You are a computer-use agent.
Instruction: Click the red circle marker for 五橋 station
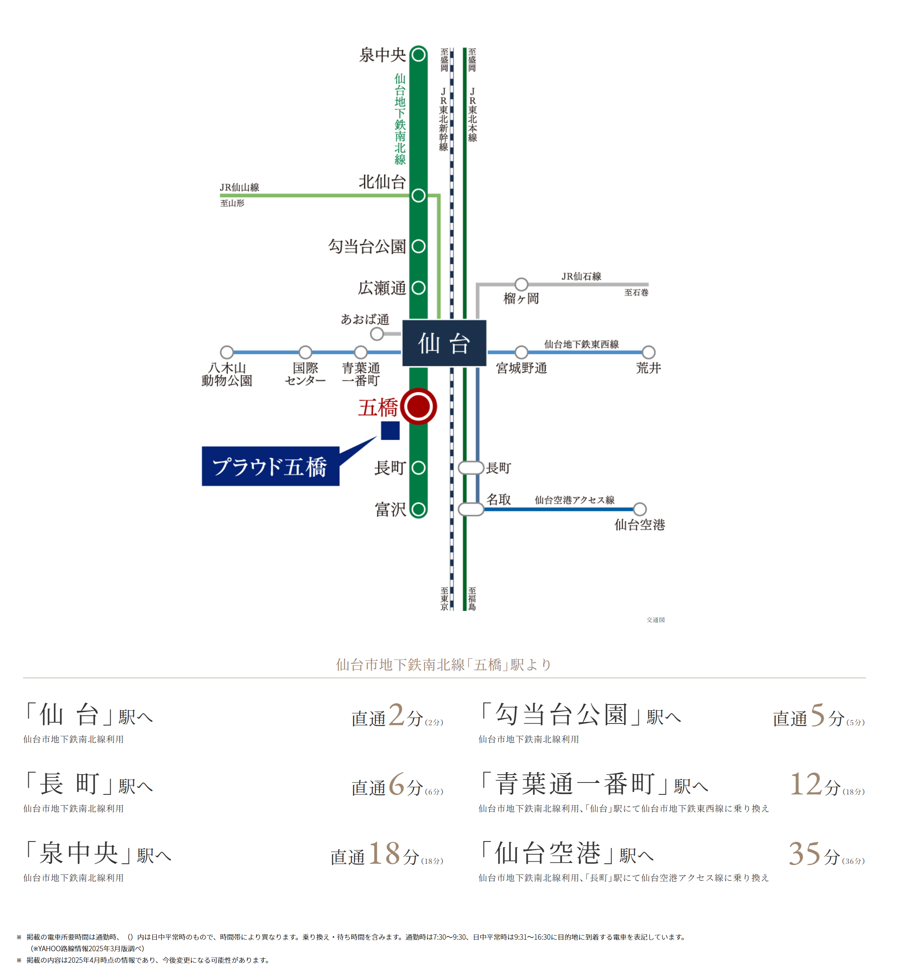[x=418, y=406]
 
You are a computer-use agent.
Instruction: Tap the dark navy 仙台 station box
[x=444, y=343]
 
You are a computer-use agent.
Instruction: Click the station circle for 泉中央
[x=418, y=54]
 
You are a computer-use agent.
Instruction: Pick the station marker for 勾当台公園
[x=418, y=246]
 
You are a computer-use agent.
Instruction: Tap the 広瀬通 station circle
[x=418, y=288]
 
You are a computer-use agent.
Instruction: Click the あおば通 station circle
[x=377, y=334]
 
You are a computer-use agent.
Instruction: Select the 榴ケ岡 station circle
[x=521, y=284]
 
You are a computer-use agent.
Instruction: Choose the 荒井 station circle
[x=648, y=352]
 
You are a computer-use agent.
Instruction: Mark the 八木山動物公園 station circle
[x=227, y=352]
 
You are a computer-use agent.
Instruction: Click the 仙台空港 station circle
[x=639, y=509]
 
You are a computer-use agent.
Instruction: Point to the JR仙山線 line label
[x=239, y=187]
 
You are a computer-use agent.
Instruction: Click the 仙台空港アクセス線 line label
[x=575, y=500]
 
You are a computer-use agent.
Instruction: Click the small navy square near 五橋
[x=390, y=431]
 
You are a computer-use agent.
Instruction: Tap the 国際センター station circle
[x=306, y=352]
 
